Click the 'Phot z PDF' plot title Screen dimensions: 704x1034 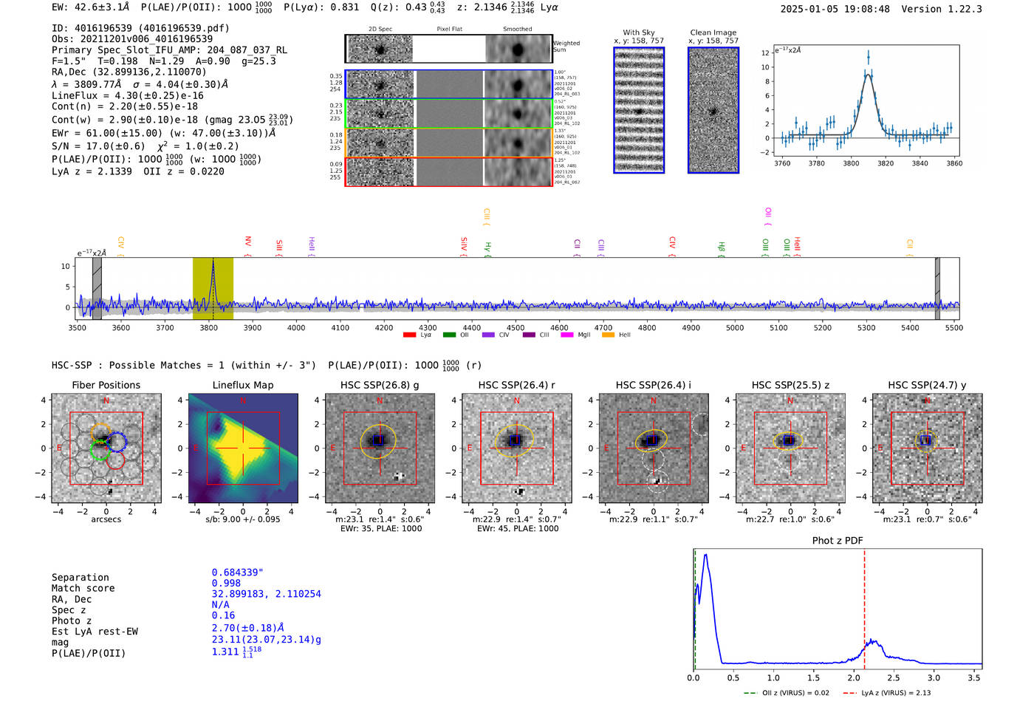(838, 541)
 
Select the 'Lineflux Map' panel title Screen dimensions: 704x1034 (243, 385)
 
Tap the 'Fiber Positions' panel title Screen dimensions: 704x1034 (106, 385)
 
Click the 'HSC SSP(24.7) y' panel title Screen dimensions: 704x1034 (927, 385)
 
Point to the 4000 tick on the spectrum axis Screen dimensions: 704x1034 (296, 328)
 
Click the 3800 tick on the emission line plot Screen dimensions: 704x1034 (851, 163)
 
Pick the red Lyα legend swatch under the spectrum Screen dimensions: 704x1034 (409, 335)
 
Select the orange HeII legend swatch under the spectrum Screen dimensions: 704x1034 (608, 335)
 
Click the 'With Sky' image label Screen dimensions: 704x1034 (639, 33)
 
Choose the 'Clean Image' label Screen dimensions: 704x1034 (713, 33)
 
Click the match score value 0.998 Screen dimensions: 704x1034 (226, 584)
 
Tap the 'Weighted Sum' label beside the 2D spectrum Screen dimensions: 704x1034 (566, 47)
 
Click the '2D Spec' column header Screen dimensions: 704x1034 (380, 30)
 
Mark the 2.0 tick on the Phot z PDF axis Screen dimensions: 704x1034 (854, 677)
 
